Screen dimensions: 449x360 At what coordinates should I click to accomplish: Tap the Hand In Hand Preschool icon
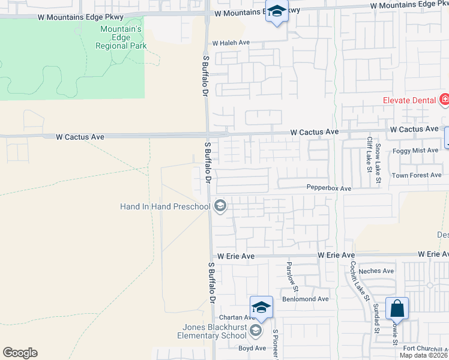[220, 207]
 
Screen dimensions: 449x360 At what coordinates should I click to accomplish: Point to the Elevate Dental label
[410, 100]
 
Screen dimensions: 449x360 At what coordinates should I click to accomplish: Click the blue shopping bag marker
[397, 310]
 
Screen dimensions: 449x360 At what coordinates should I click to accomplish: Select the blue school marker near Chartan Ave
[261, 308]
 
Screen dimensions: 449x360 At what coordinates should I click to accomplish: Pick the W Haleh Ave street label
[231, 43]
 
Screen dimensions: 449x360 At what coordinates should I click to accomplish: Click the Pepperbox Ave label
[328, 188]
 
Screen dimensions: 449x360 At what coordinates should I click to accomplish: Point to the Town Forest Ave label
[417, 175]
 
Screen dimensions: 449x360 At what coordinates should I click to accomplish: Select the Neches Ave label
[376, 271]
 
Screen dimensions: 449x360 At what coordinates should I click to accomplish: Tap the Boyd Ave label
[252, 348]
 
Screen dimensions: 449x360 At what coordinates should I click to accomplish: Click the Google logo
[20, 353]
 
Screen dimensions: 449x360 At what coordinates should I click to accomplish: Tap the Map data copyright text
[424, 355]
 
